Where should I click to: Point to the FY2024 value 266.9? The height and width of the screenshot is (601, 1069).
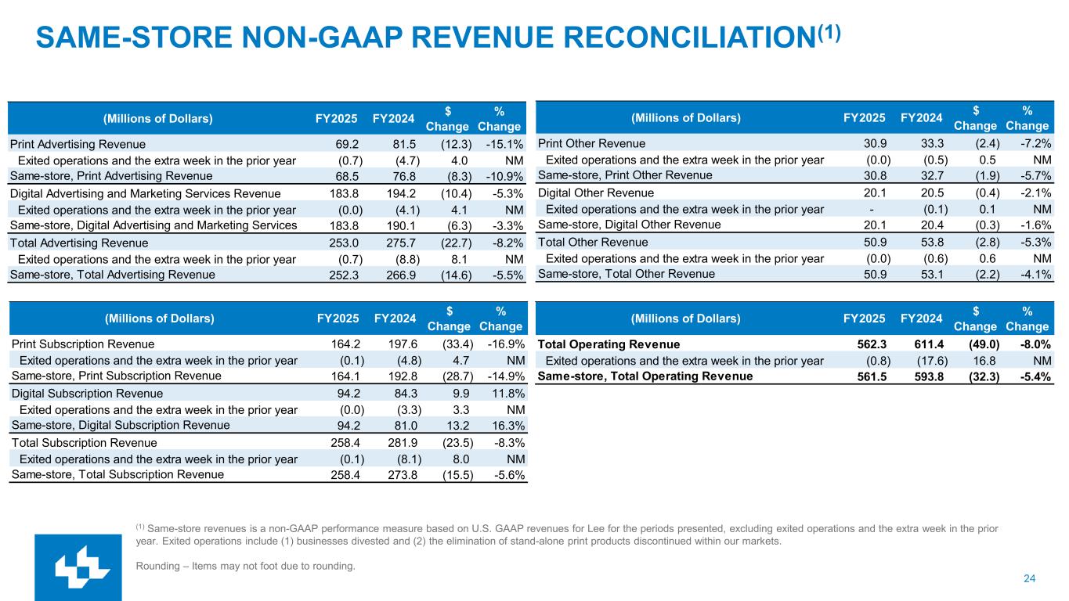click(x=402, y=275)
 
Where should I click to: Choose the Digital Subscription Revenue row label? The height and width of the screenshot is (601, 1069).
click(x=88, y=394)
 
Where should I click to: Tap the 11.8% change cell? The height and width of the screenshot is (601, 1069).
click(x=506, y=394)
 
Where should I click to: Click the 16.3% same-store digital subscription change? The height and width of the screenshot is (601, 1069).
click(x=506, y=426)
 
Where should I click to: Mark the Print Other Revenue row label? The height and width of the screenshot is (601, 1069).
click(x=592, y=144)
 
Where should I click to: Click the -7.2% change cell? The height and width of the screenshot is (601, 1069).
click(x=1035, y=144)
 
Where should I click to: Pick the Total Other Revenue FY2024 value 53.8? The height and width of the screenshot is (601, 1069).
click(x=930, y=243)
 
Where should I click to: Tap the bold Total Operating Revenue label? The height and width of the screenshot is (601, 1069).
click(x=609, y=344)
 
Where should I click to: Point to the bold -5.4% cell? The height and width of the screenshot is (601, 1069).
click(x=1033, y=376)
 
